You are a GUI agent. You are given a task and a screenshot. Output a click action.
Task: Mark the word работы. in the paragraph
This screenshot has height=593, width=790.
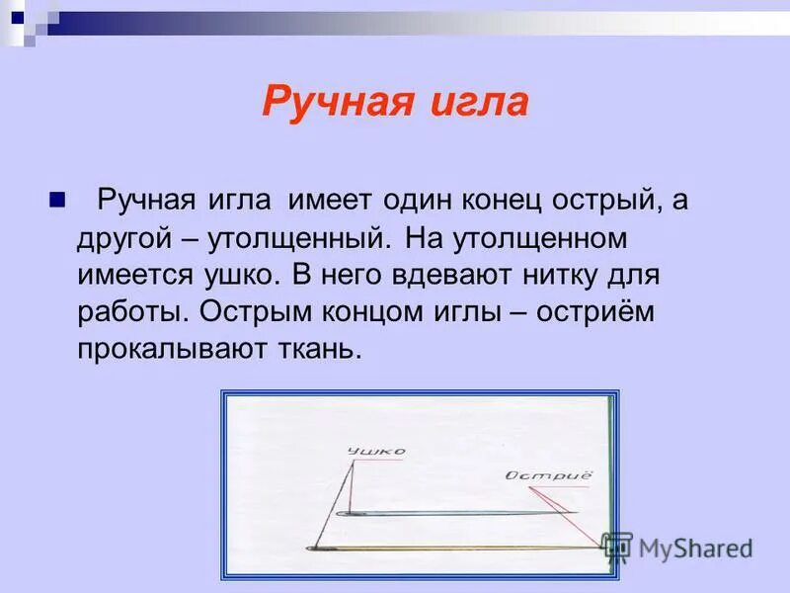132,311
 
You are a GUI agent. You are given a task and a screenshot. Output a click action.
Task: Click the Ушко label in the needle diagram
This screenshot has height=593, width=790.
376,453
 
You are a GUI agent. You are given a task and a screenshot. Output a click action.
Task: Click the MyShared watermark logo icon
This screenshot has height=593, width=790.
617,547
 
